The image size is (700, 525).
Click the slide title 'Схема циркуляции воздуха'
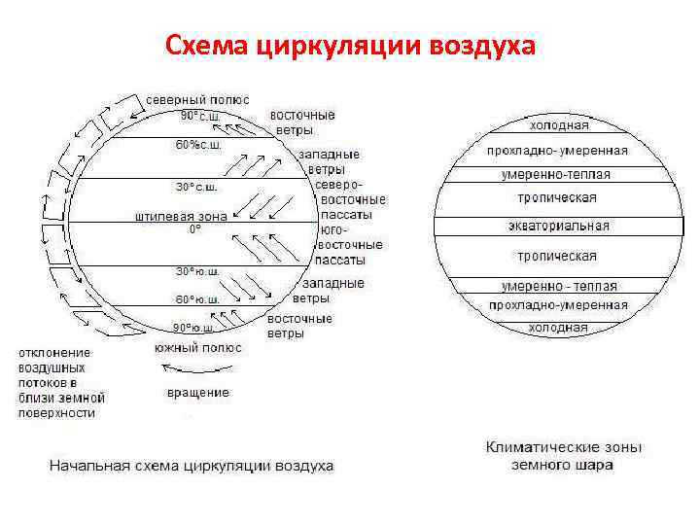click(350, 45)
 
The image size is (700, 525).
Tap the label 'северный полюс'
click(198, 100)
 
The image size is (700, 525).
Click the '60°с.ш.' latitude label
click(198, 145)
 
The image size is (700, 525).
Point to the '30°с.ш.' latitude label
click(196, 186)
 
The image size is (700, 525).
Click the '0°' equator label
click(195, 229)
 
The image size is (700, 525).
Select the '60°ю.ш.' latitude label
click(197, 298)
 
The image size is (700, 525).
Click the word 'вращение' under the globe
click(198, 393)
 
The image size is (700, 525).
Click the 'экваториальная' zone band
click(558, 227)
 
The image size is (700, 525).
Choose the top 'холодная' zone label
click(558, 125)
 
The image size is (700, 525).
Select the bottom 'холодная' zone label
click(558, 328)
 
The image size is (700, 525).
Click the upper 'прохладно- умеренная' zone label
click(557, 151)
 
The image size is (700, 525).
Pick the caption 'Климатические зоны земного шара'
click(563, 456)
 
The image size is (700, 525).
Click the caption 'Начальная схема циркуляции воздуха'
click(192, 466)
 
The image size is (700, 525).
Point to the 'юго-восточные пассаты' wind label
click(350, 245)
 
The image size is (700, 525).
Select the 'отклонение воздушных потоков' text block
click(60, 382)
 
